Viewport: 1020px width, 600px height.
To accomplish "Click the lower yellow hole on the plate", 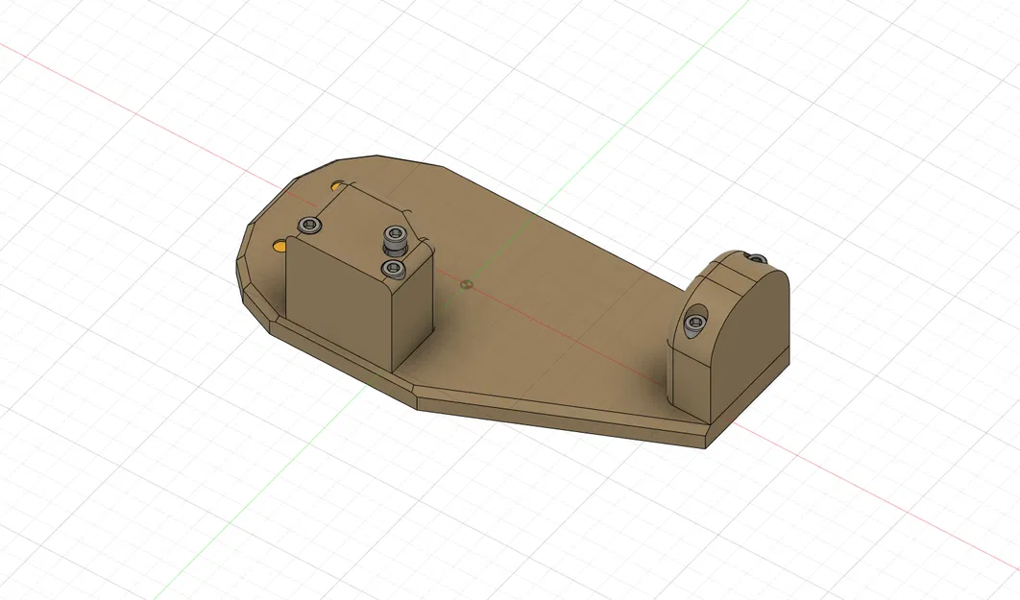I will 279,246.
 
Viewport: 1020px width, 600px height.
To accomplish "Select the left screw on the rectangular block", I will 308,225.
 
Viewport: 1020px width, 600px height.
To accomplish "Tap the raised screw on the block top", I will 394,234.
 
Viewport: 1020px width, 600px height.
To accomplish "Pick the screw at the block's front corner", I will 391,268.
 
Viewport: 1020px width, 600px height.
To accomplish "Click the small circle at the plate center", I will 466,284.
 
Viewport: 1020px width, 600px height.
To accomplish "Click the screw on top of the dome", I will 755,257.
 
